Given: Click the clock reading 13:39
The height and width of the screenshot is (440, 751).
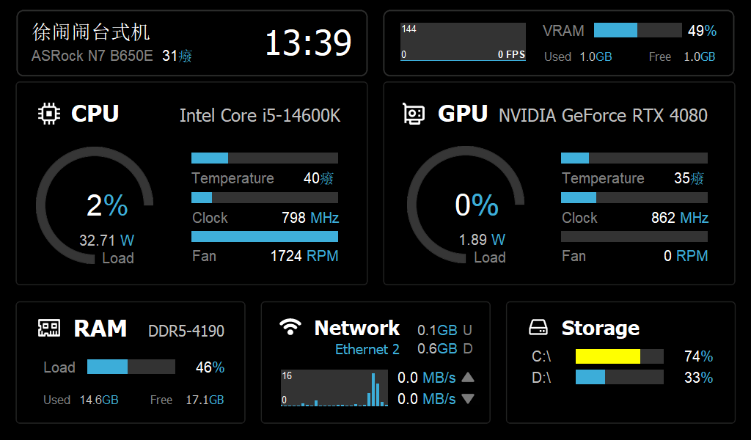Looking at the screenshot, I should coord(308,43).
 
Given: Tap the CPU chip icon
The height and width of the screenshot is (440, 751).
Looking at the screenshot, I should coord(49,114).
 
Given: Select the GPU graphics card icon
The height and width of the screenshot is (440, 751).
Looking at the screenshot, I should coord(414,114).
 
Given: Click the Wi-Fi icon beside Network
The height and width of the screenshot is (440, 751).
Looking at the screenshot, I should coord(291,327).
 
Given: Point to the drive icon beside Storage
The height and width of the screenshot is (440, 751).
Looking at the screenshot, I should coord(539,327).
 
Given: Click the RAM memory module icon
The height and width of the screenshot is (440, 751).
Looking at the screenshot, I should coord(49,328).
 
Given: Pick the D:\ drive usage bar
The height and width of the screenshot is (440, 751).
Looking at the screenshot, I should coord(619,377).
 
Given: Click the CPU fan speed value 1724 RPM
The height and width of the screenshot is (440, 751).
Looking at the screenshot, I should coord(304,256).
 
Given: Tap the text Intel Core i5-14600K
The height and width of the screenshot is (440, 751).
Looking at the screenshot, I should coord(260,116).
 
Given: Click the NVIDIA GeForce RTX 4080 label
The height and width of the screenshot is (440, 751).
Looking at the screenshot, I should coord(603,116).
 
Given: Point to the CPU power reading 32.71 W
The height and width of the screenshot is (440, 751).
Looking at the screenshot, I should coord(107,240).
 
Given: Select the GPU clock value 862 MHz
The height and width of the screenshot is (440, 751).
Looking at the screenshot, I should coord(680,218).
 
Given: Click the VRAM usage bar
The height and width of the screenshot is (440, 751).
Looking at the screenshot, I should coord(637,30).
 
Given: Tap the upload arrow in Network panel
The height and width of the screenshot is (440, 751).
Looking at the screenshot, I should coord(468,378).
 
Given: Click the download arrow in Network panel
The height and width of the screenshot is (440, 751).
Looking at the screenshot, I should coord(468,399).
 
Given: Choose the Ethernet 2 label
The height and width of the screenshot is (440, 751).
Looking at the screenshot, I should coord(367,349).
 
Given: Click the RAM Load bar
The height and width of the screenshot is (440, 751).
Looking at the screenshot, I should coord(131,367).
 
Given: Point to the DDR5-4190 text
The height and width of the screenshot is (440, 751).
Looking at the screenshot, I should coord(186,331).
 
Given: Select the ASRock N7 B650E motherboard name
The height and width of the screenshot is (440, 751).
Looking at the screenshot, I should coord(92,56).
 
